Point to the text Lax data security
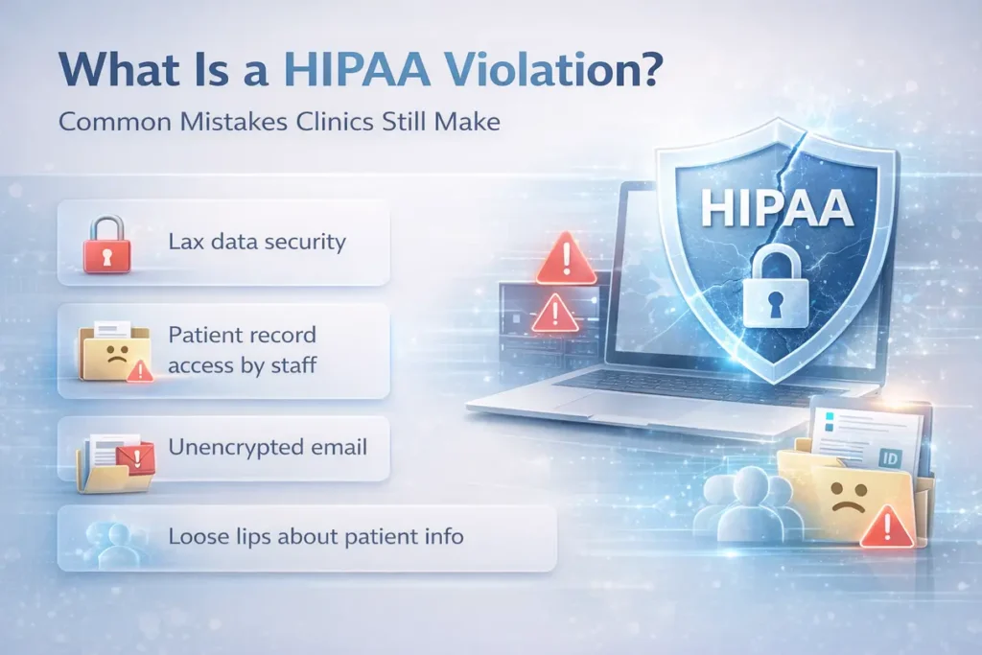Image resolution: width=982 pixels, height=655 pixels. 256,242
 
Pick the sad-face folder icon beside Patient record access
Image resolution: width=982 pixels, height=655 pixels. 113,351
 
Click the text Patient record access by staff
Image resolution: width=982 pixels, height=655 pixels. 243,350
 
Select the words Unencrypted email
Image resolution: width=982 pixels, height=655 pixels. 268,447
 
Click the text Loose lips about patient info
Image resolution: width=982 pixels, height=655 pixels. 316,536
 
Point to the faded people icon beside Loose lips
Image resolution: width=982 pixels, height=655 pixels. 110,540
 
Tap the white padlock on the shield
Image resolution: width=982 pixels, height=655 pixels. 778,288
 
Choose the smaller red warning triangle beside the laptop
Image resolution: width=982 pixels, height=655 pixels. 553,311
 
